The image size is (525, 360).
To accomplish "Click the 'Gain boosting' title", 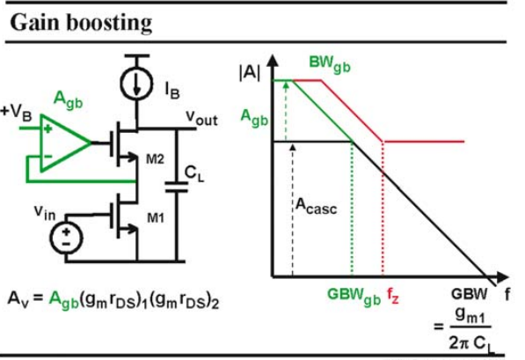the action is point(82,24).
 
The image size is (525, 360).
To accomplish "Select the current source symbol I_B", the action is point(136,84).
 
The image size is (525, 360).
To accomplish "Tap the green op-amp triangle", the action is point(66,143).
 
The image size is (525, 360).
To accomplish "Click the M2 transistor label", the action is point(155,159).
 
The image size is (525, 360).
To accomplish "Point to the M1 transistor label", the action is point(156,218).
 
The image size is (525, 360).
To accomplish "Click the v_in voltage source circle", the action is point(66,238).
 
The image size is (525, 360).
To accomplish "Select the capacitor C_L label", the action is point(194,174).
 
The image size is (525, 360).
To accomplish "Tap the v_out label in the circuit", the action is point(202,118).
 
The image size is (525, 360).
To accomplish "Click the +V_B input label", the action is point(17,113).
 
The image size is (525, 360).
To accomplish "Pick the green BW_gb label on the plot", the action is point(330,63).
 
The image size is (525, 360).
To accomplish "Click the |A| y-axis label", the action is point(250,72).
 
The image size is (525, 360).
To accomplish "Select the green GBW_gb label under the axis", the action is point(354,296).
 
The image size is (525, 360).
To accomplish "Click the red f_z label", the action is point(393,296).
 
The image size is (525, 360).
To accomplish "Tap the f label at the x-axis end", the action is point(507,294).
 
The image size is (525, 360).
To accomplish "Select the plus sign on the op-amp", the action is point(47,129).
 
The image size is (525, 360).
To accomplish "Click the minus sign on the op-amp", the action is point(47,156).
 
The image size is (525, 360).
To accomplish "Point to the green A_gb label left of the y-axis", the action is point(254,119).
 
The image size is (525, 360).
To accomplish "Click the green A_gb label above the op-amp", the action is point(68,99).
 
